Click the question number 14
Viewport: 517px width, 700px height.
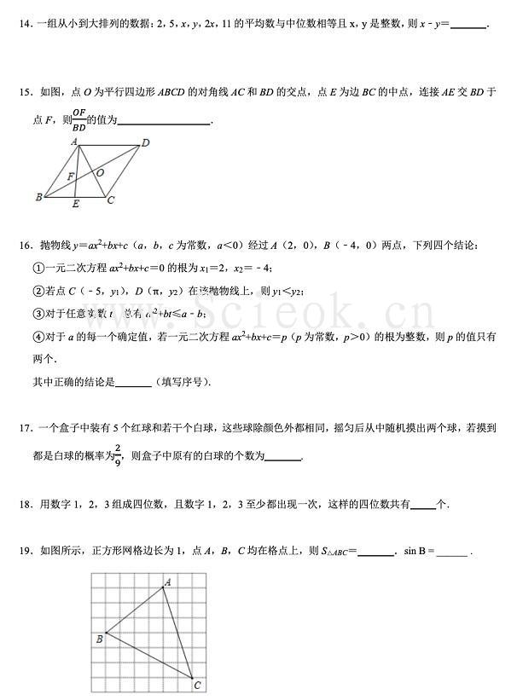(x=23, y=26)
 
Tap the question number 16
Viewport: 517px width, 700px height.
(x=23, y=246)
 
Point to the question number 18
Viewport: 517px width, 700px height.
(x=23, y=504)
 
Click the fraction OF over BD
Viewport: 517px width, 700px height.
(x=78, y=119)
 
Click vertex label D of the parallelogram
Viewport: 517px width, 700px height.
(x=145, y=143)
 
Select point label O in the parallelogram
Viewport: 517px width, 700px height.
(x=100, y=172)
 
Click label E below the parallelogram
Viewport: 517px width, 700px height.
(x=76, y=205)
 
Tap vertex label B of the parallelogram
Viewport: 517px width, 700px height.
(x=39, y=198)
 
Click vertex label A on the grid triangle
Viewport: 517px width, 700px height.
(x=167, y=582)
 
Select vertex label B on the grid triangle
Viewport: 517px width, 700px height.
(x=99, y=638)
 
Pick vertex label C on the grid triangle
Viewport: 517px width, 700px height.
(x=197, y=685)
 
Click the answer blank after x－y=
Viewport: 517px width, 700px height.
(x=467, y=26)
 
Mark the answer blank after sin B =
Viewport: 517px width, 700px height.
(x=452, y=552)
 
